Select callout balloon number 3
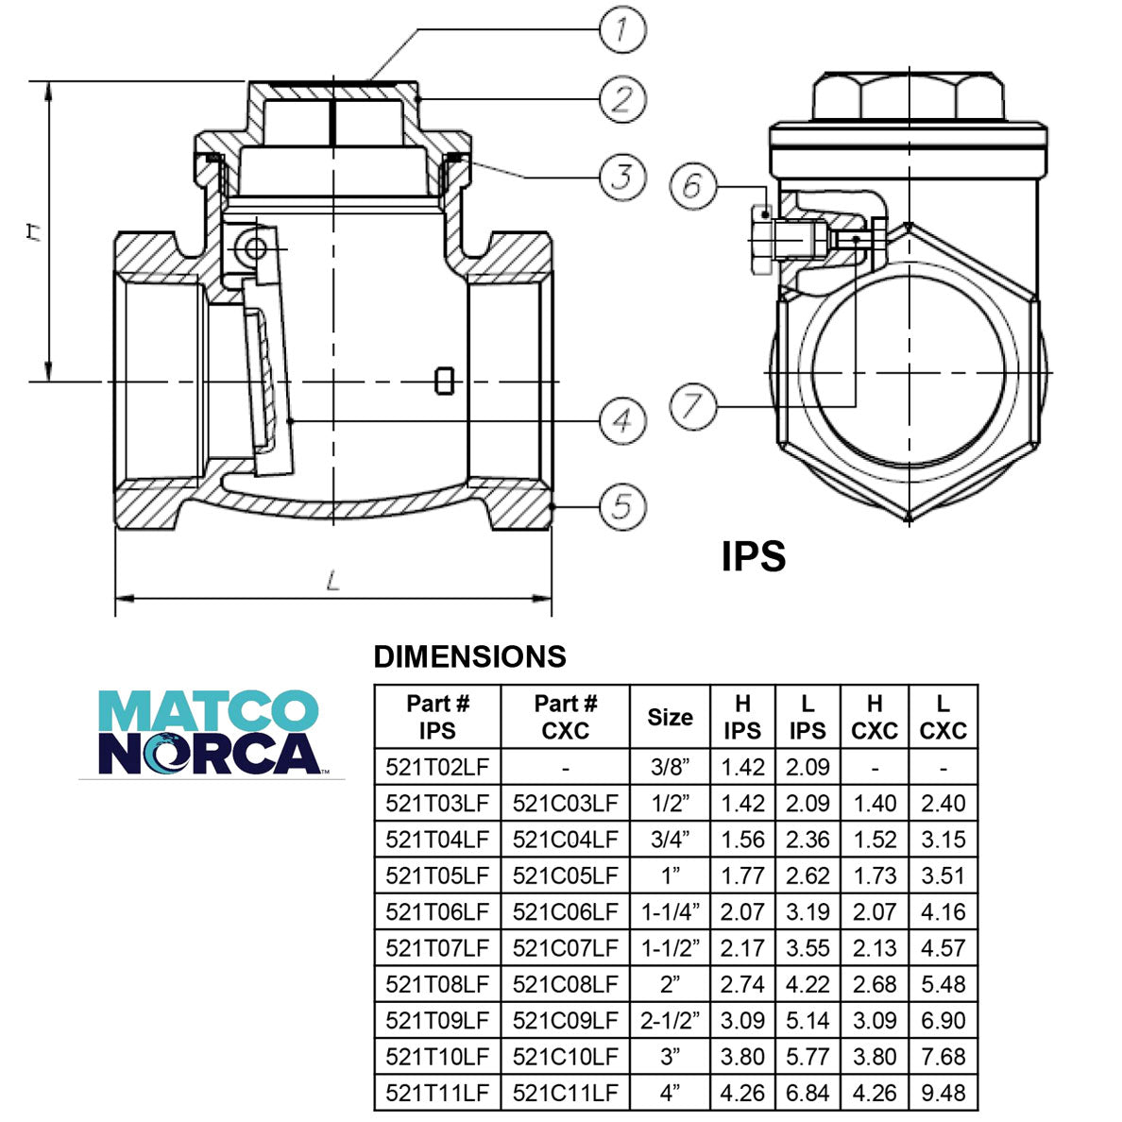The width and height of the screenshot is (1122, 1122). [x=622, y=176]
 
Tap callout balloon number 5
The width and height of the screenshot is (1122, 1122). [x=622, y=506]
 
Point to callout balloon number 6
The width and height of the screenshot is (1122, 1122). [x=693, y=184]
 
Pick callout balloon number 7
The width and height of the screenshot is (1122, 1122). [x=693, y=407]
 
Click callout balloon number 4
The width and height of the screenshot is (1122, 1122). [x=622, y=421]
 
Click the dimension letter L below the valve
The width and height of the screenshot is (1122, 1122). [x=331, y=582]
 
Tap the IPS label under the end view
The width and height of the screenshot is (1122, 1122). [x=753, y=556]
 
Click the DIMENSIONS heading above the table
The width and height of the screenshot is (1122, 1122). [x=469, y=656]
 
